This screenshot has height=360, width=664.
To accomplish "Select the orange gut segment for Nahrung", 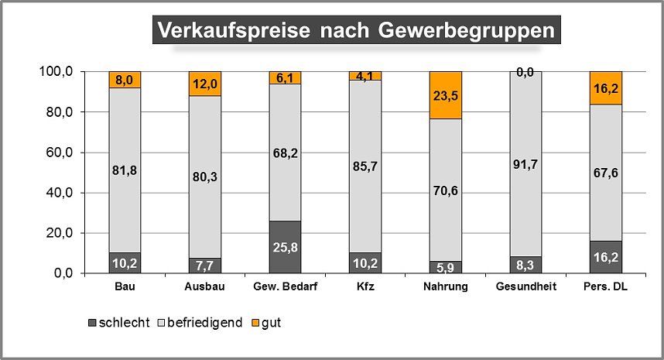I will click(x=445, y=94).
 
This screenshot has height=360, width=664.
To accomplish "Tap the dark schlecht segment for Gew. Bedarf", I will click(x=285, y=247).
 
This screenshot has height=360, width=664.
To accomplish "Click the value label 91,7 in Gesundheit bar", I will click(x=525, y=163).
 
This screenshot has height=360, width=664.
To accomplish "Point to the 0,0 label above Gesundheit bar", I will click(x=525, y=72).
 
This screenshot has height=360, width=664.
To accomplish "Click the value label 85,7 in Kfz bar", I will click(x=365, y=163).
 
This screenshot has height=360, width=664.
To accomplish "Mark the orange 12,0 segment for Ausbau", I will click(x=205, y=84).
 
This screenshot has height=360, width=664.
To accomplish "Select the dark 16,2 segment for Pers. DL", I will click(x=605, y=257).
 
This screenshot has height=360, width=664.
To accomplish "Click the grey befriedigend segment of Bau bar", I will click(x=125, y=170).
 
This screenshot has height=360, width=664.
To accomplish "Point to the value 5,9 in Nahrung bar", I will click(x=445, y=267).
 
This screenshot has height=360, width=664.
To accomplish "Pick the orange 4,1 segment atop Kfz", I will click(x=365, y=76).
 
